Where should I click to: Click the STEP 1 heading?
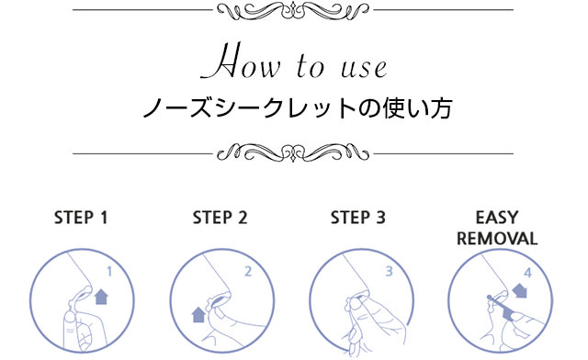(81, 218)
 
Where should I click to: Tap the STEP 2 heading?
(220, 218)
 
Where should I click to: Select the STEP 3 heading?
(358, 218)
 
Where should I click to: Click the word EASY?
(497, 218)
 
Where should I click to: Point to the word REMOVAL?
(497, 239)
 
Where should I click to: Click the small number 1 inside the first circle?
(109, 271)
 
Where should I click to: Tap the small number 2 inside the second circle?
(248, 271)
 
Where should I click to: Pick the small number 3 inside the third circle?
(389, 271)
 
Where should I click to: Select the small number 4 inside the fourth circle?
(528, 272)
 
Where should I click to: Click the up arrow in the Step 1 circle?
(101, 297)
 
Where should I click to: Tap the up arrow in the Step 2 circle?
(198, 315)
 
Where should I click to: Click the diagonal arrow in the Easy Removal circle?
(520, 290)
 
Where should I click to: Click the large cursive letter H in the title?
(221, 61)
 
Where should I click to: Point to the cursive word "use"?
(364, 70)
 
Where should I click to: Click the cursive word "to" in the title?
(311, 66)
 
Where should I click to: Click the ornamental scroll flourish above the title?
(293, 10)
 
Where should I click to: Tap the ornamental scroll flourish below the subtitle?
(293, 153)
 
